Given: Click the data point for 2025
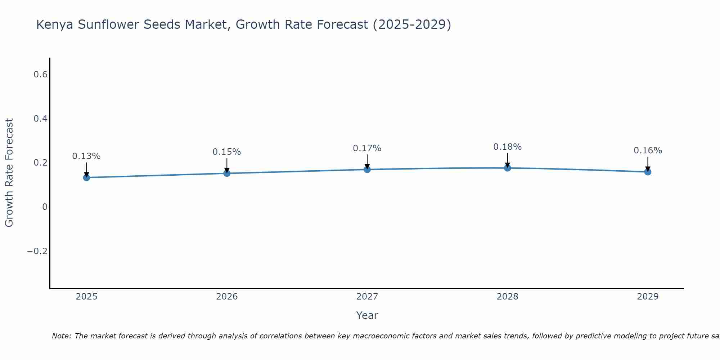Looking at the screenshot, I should point(86,177).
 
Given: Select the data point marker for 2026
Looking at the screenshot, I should point(227,173).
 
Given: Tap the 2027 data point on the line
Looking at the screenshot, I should point(367,169).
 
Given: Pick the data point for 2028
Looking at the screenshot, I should point(507,168).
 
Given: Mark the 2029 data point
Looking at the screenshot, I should point(648,172).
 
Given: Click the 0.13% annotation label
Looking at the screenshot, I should point(86,156).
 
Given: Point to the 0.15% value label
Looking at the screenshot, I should point(227,152).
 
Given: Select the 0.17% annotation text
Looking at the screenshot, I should point(367,148).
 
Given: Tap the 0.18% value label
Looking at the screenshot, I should point(507,147).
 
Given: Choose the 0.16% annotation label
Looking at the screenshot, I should point(648,150).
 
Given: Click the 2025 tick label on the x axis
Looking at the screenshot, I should point(86,297).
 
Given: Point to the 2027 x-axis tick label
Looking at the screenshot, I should point(367,297).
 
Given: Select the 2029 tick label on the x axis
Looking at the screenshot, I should point(648,297).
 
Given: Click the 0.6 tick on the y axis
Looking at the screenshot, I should point(41,75).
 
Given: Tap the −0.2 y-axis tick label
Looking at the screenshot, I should point(37,251).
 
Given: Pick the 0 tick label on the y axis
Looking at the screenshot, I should point(45,207).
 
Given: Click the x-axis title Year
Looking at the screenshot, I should point(367,316).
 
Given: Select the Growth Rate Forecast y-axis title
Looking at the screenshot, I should point(9,173).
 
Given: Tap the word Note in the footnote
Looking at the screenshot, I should point(62,336).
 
